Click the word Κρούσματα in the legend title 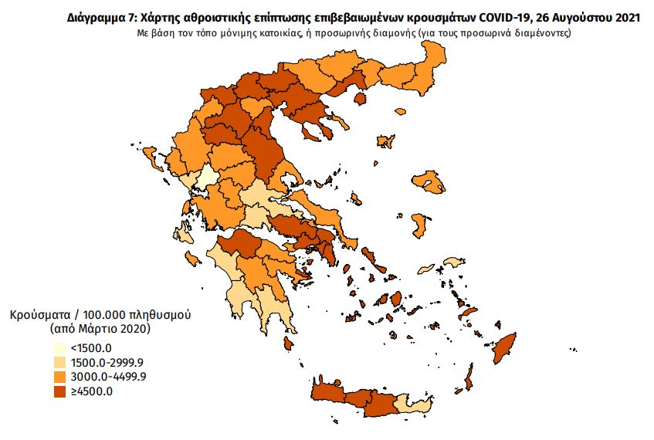[x=38, y=316]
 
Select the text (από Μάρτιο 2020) [x=100, y=330]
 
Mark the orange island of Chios [x=420, y=225]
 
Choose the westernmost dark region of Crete [x=327, y=395]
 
